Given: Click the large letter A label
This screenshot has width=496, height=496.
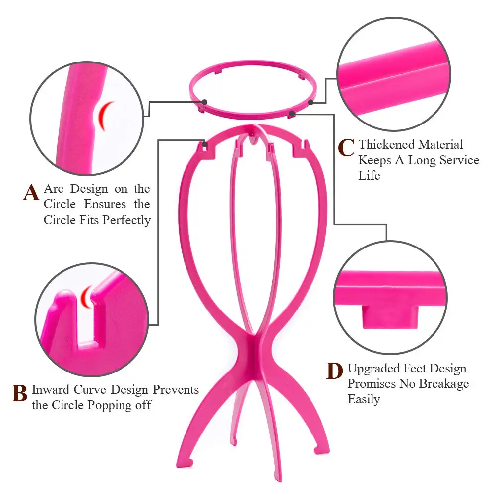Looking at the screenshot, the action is coord(31,192).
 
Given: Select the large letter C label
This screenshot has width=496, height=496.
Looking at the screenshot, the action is coord(346,147).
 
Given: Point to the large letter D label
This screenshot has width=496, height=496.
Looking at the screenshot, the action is coord(335,372).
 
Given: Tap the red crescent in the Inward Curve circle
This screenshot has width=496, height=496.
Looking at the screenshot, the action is coord(86,296).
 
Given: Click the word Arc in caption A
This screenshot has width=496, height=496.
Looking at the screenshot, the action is coord(55,189).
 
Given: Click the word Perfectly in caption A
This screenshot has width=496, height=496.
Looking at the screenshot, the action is coord(126,220).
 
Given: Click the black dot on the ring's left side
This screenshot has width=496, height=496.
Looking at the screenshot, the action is coord(205,102).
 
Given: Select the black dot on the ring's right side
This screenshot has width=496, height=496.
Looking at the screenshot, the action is coord(311,102).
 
